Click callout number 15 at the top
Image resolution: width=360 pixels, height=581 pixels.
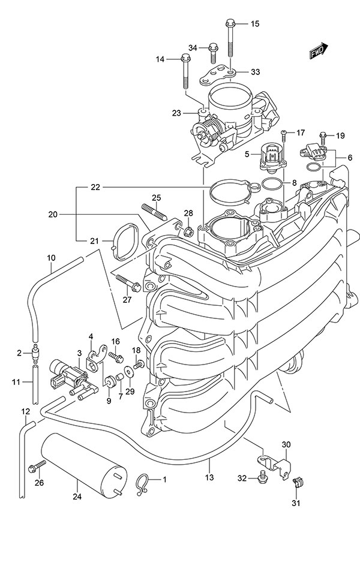255,24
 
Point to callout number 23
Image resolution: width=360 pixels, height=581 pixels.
176,112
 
